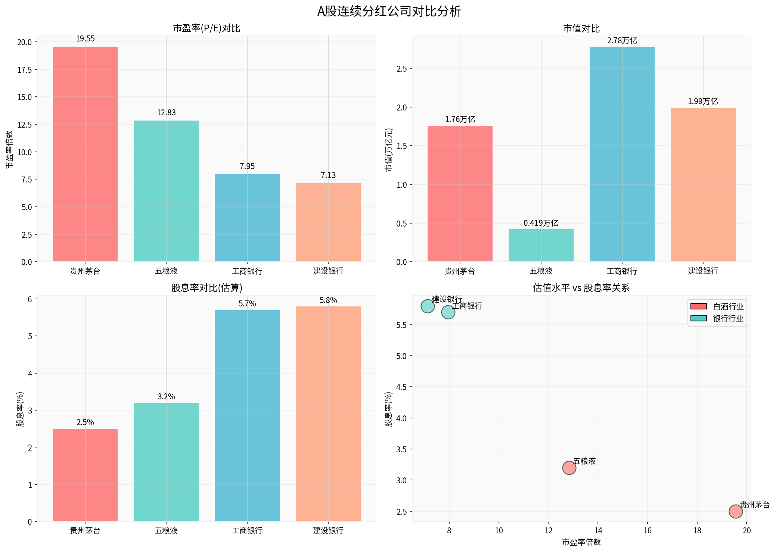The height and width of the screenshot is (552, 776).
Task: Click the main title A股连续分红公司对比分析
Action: click(389, 12)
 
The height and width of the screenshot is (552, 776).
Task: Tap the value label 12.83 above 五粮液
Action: click(166, 113)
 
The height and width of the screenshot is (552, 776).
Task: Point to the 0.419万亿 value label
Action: click(541, 223)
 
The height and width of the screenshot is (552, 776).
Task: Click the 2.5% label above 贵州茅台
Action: click(85, 422)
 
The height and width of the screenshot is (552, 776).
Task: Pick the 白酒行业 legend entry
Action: click(717, 307)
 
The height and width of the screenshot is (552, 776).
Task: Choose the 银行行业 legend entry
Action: click(717, 319)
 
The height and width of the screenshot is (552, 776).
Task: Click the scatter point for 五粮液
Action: click(569, 468)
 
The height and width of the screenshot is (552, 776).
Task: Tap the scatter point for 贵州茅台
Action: click(735, 511)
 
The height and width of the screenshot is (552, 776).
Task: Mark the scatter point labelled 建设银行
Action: click(428, 306)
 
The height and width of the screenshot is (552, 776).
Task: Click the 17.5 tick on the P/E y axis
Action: click(25, 70)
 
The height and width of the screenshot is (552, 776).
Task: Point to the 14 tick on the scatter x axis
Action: click(598, 531)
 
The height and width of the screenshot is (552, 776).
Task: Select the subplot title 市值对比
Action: click(581, 29)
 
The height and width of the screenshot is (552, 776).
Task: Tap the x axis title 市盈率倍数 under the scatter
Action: click(581, 542)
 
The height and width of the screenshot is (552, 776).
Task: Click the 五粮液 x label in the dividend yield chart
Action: click(166, 531)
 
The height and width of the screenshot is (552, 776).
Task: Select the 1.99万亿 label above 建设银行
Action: click(703, 102)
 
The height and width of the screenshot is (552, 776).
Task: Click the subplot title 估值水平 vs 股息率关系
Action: click(581, 288)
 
